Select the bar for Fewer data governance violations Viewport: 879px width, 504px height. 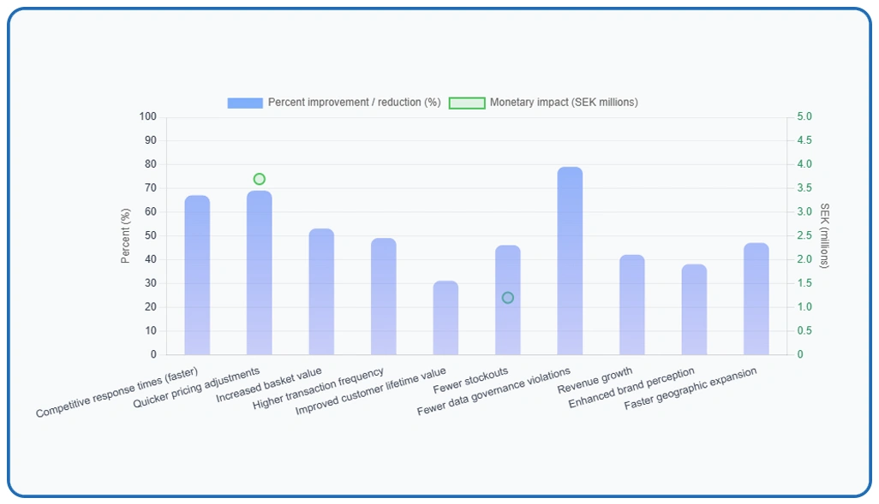(570, 261)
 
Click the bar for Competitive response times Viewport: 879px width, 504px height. (197, 275)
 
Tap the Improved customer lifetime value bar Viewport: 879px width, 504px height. (445, 317)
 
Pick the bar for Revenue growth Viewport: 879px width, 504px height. (632, 305)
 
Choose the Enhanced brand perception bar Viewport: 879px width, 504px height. (694, 309)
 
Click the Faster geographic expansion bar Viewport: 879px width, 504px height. (756, 299)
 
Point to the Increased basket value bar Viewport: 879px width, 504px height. (321, 292)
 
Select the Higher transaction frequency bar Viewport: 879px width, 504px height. (384, 296)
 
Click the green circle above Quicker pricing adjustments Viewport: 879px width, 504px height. (260, 179)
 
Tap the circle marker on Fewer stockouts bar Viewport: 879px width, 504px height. (508, 298)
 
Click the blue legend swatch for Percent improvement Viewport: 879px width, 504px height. (245, 103)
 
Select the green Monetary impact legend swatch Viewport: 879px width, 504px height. (467, 103)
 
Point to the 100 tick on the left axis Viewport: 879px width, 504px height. (148, 116)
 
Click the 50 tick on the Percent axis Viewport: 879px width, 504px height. (151, 235)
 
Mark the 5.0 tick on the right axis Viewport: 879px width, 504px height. (805, 116)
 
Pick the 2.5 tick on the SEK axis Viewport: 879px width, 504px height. (805, 235)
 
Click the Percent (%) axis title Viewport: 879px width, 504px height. (126, 235)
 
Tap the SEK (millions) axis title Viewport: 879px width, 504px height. (825, 235)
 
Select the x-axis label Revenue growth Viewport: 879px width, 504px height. (596, 381)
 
